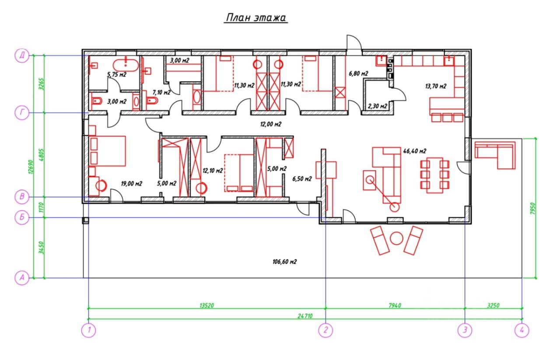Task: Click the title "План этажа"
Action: click(x=256, y=18)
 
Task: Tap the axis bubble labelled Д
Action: click(x=22, y=55)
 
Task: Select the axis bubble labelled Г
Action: click(x=22, y=113)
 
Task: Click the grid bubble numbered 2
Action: click(x=325, y=330)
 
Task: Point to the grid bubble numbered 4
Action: click(x=522, y=330)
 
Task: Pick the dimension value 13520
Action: click(x=207, y=305)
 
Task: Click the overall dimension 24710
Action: click(x=305, y=316)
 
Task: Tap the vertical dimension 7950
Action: click(x=532, y=208)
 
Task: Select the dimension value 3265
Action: click(x=42, y=84)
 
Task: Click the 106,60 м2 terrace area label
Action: click(x=284, y=262)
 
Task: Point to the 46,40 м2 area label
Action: click(x=415, y=151)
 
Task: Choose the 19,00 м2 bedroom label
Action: click(x=132, y=184)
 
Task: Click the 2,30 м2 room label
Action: click(x=378, y=106)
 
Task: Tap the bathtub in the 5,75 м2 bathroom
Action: click(x=126, y=65)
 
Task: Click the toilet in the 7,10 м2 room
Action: click(x=152, y=101)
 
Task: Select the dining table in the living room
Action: click(x=435, y=175)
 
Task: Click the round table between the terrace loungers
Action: click(x=396, y=238)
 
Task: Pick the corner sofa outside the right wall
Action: click(x=495, y=155)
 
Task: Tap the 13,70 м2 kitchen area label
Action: click(x=436, y=86)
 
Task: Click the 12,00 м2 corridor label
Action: click(x=271, y=124)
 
